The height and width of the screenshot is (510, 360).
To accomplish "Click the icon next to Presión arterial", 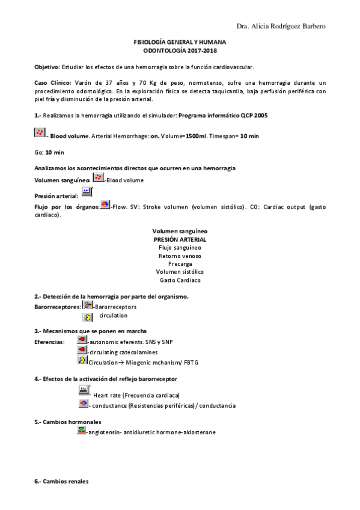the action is [x=87, y=192].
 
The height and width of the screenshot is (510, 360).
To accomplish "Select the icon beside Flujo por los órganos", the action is [x=105, y=204].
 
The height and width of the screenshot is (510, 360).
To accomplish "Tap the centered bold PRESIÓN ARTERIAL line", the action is [x=180, y=239].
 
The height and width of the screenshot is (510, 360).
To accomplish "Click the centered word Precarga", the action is [x=180, y=263].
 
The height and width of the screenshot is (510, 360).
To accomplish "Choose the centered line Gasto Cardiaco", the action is [x=180, y=280].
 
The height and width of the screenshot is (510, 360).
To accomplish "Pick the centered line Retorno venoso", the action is [x=180, y=256].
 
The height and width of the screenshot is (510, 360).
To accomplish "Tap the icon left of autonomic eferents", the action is [x=82, y=340].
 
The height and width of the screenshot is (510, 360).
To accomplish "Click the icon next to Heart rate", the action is [x=84, y=393].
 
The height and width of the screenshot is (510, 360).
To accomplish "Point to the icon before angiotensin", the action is [x=82, y=431].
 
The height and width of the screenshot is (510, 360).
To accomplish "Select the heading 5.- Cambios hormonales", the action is [x=67, y=422].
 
